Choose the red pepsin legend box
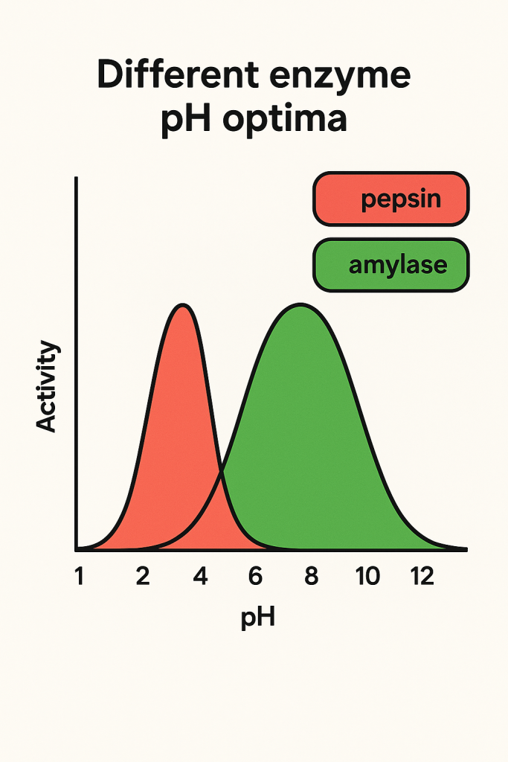click(390, 199)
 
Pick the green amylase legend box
click(390, 264)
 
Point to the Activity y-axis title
click(46, 386)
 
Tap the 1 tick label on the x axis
click(79, 577)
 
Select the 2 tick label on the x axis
click(143, 577)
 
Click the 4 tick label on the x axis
click(200, 577)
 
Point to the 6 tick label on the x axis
click(255, 577)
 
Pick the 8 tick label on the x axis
click(311, 577)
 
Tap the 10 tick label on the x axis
click(367, 577)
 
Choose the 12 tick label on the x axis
click(422, 577)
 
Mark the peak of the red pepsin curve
click(182, 305)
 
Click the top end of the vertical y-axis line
click(76, 178)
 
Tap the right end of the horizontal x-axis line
click(466, 550)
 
